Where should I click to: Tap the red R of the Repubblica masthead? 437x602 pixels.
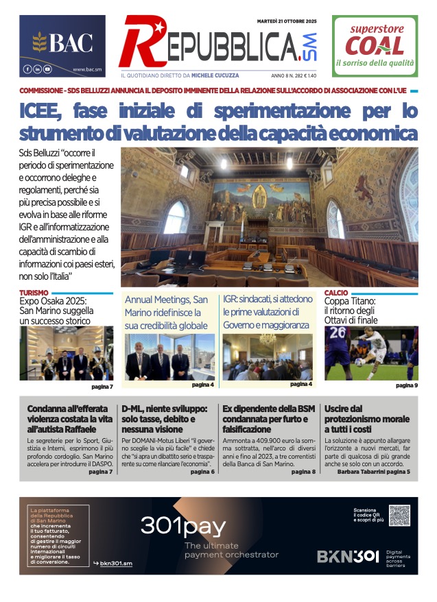(137, 42)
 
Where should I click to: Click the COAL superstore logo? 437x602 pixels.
(375, 45)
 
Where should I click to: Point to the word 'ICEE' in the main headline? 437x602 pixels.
(43, 111)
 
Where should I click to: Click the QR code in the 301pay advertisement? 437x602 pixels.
(399, 516)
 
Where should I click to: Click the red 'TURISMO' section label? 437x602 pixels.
(34, 293)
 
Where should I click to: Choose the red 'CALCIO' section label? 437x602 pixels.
(336, 293)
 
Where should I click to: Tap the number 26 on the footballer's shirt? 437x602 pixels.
(337, 334)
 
